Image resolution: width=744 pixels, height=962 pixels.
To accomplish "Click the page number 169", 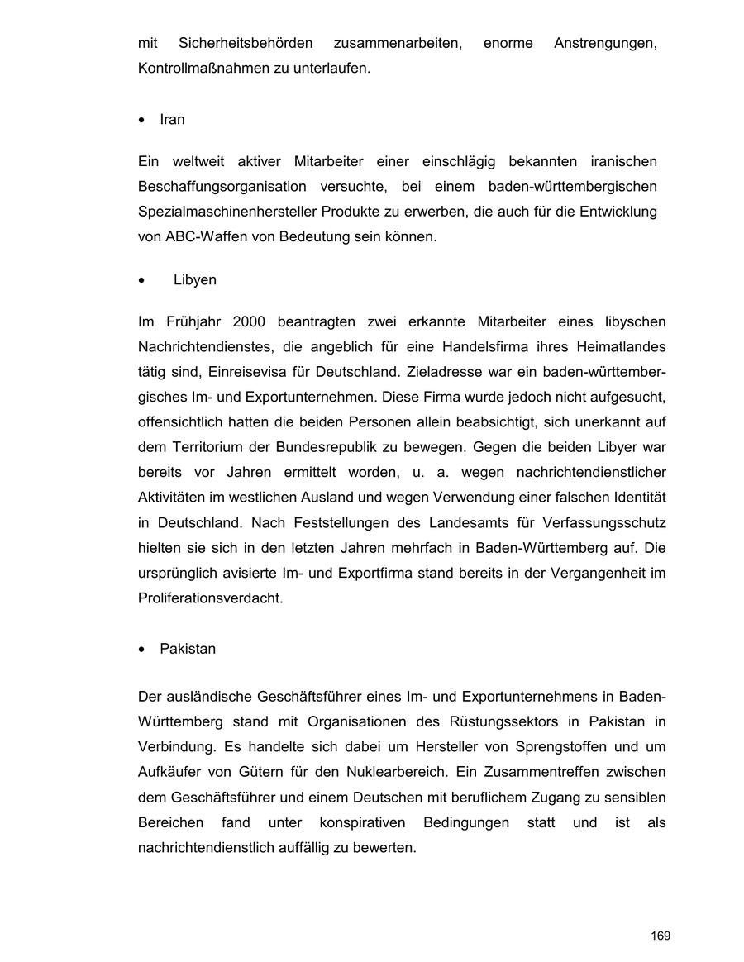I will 660,936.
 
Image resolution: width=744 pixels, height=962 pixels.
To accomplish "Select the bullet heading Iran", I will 172,119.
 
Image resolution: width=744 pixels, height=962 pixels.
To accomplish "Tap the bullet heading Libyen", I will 195,279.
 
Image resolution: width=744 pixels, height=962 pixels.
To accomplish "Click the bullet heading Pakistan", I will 188,649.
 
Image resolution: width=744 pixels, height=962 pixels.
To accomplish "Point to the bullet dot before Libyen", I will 143,280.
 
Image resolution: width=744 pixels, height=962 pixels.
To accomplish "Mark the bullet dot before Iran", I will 143,120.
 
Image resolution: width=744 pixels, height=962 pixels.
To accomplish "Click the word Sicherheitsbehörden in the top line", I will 246,42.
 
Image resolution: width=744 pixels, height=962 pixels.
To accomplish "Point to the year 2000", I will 249,321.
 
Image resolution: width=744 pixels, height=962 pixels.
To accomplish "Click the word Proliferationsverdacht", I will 210,598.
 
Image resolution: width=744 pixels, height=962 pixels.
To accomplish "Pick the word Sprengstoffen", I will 544,747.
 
